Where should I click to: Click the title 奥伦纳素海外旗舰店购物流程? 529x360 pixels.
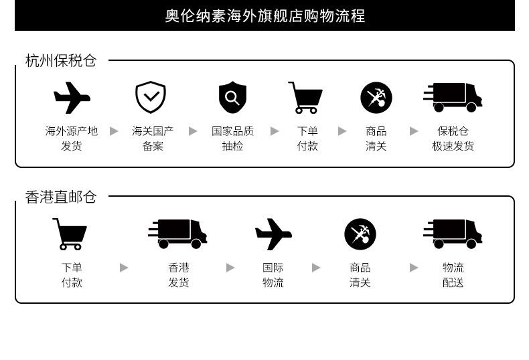click(264, 16)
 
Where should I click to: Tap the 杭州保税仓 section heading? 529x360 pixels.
click(61, 61)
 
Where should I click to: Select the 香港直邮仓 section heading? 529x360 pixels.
click(61, 197)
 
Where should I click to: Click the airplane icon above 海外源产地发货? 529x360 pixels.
click(72, 98)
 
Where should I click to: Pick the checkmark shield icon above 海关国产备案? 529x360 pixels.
click(151, 98)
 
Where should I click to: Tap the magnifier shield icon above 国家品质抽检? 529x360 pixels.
click(232, 98)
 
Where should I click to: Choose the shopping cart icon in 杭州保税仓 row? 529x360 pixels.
click(305, 98)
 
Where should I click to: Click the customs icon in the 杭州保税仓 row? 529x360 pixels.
click(376, 98)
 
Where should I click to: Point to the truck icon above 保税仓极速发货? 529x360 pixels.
click(453, 98)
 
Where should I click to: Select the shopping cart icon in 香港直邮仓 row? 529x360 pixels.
click(70, 234)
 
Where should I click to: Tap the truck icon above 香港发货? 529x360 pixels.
click(177, 234)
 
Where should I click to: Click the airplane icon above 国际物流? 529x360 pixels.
click(273, 234)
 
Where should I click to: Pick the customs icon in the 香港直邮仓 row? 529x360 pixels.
click(360, 234)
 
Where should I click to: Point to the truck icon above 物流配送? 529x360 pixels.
click(453, 234)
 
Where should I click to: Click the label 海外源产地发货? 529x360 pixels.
click(72, 139)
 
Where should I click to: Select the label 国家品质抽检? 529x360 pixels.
click(232, 139)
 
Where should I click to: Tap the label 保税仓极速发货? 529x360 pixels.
click(453, 139)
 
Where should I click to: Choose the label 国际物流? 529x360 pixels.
click(273, 275)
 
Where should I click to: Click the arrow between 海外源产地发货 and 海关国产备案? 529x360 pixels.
click(114, 131)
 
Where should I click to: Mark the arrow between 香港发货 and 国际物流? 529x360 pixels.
click(230, 268)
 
